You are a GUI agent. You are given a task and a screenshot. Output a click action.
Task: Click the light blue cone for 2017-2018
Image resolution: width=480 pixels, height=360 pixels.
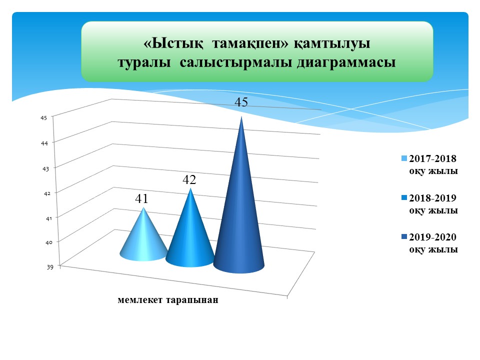click(143, 242)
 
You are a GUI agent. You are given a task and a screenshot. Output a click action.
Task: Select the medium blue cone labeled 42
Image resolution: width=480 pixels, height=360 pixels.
click(190, 235)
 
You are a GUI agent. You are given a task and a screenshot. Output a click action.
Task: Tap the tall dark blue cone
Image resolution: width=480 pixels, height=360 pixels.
click(240, 214)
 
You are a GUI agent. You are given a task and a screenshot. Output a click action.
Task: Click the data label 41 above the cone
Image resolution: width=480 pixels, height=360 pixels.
click(141, 198)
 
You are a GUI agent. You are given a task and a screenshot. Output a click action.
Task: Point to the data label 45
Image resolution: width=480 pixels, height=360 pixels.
click(241, 102)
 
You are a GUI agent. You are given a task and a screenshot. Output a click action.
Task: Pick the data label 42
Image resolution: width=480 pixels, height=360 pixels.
click(189, 179)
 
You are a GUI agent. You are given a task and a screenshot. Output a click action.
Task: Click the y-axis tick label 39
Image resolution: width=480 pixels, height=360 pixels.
click(50, 267)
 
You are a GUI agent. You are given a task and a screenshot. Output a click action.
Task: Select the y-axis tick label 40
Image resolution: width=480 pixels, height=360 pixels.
click(49, 242)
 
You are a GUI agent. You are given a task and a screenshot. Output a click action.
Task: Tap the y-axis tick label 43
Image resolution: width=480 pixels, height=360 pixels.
click(45, 168)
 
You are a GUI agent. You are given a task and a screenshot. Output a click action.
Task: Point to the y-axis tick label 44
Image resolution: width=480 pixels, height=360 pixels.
click(44, 143)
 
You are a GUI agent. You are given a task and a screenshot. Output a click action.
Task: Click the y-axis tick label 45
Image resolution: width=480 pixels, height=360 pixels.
click(44, 117)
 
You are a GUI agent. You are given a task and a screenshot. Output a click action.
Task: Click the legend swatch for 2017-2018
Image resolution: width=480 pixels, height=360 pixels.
click(404, 158)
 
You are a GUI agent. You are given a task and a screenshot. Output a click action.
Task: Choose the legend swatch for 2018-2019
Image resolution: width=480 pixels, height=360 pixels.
click(404, 198)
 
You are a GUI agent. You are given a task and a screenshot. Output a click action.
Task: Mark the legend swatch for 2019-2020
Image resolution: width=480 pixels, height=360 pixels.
click(404, 237)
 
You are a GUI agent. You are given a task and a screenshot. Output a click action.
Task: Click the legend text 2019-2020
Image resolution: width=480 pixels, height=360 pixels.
click(433, 237)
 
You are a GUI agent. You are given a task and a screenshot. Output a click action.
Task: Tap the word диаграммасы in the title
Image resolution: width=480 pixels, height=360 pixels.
click(346, 62)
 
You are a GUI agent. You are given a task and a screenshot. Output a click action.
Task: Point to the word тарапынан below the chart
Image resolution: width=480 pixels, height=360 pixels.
click(192, 300)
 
